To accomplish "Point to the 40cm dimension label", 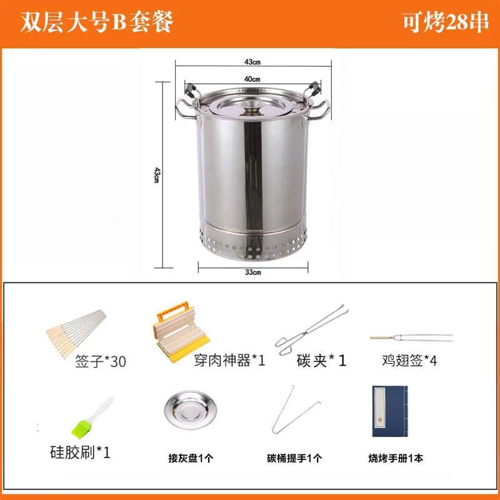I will click(x=252, y=79).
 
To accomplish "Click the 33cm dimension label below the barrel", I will click(x=252, y=272).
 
